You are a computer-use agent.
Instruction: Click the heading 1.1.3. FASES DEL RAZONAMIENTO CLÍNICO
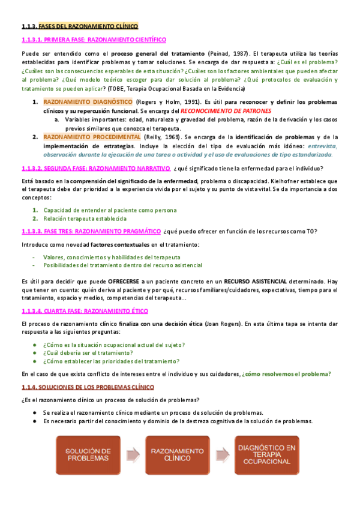tap(79, 26)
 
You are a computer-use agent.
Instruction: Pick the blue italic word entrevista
tap(323, 146)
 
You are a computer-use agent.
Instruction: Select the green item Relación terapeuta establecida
tap(85, 218)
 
